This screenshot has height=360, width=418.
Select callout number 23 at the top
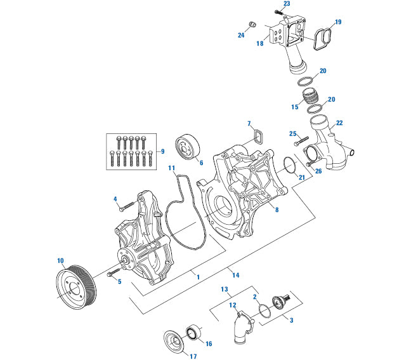pyautogui.click(x=286, y=4)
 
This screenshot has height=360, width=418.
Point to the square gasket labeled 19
pyautogui.click(x=323, y=37)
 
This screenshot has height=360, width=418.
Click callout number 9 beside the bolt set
pyautogui.click(x=163, y=151)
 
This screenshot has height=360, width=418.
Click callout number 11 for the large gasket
pyautogui.click(x=171, y=168)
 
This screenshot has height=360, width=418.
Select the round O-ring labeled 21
pyautogui.click(x=289, y=168)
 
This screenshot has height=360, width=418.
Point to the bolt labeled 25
pyautogui.click(x=302, y=140)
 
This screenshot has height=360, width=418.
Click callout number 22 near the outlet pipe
pyautogui.click(x=339, y=123)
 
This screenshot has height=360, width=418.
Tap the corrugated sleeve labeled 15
pyautogui.click(x=310, y=98)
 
